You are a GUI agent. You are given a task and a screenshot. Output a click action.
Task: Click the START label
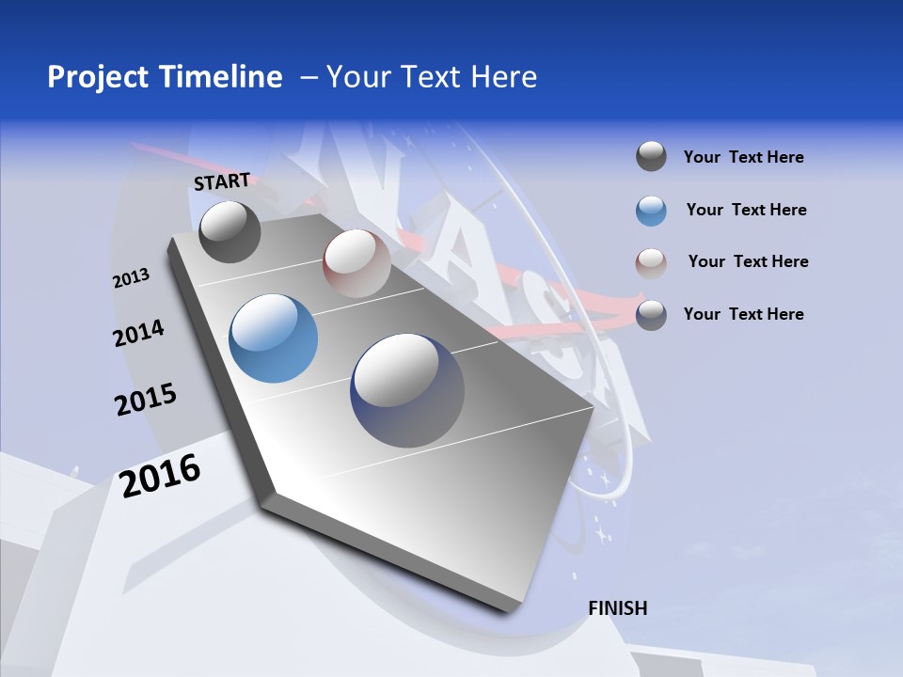pyautogui.click(x=222, y=181)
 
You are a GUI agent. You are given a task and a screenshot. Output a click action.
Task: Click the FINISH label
pyautogui.click(x=617, y=608)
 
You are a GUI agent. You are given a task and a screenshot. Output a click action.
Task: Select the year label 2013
pyautogui.click(x=131, y=278)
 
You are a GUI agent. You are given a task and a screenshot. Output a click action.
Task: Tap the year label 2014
pyautogui.click(x=138, y=333)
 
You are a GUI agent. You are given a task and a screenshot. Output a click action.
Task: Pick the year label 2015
pyautogui.click(x=146, y=400)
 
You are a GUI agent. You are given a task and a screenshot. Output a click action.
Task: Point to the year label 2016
pyautogui.click(x=160, y=475)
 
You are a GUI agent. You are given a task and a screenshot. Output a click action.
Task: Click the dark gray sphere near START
pyautogui.click(x=230, y=232)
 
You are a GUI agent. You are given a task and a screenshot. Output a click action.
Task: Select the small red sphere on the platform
pyautogui.click(x=356, y=263)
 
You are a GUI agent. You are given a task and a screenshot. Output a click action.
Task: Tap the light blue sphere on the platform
pyautogui.click(x=273, y=338)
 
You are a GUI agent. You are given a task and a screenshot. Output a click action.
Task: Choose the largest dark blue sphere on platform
pyautogui.click(x=407, y=390)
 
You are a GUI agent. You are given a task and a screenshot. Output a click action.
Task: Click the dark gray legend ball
pyautogui.click(x=651, y=157)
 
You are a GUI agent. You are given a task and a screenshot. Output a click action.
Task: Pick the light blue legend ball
pyautogui.click(x=651, y=211)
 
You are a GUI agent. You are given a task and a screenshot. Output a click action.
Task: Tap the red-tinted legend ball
pyautogui.click(x=651, y=262)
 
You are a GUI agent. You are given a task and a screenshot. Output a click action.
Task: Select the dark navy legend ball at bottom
pyautogui.click(x=651, y=315)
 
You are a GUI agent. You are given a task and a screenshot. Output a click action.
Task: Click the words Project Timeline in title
pyautogui.click(x=165, y=77)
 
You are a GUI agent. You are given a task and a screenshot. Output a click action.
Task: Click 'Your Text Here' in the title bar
pyautogui.click(x=431, y=77)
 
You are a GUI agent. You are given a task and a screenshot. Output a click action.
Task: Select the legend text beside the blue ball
pyautogui.click(x=746, y=210)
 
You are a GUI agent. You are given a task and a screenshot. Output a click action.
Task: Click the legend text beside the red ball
pyautogui.click(x=748, y=261)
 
